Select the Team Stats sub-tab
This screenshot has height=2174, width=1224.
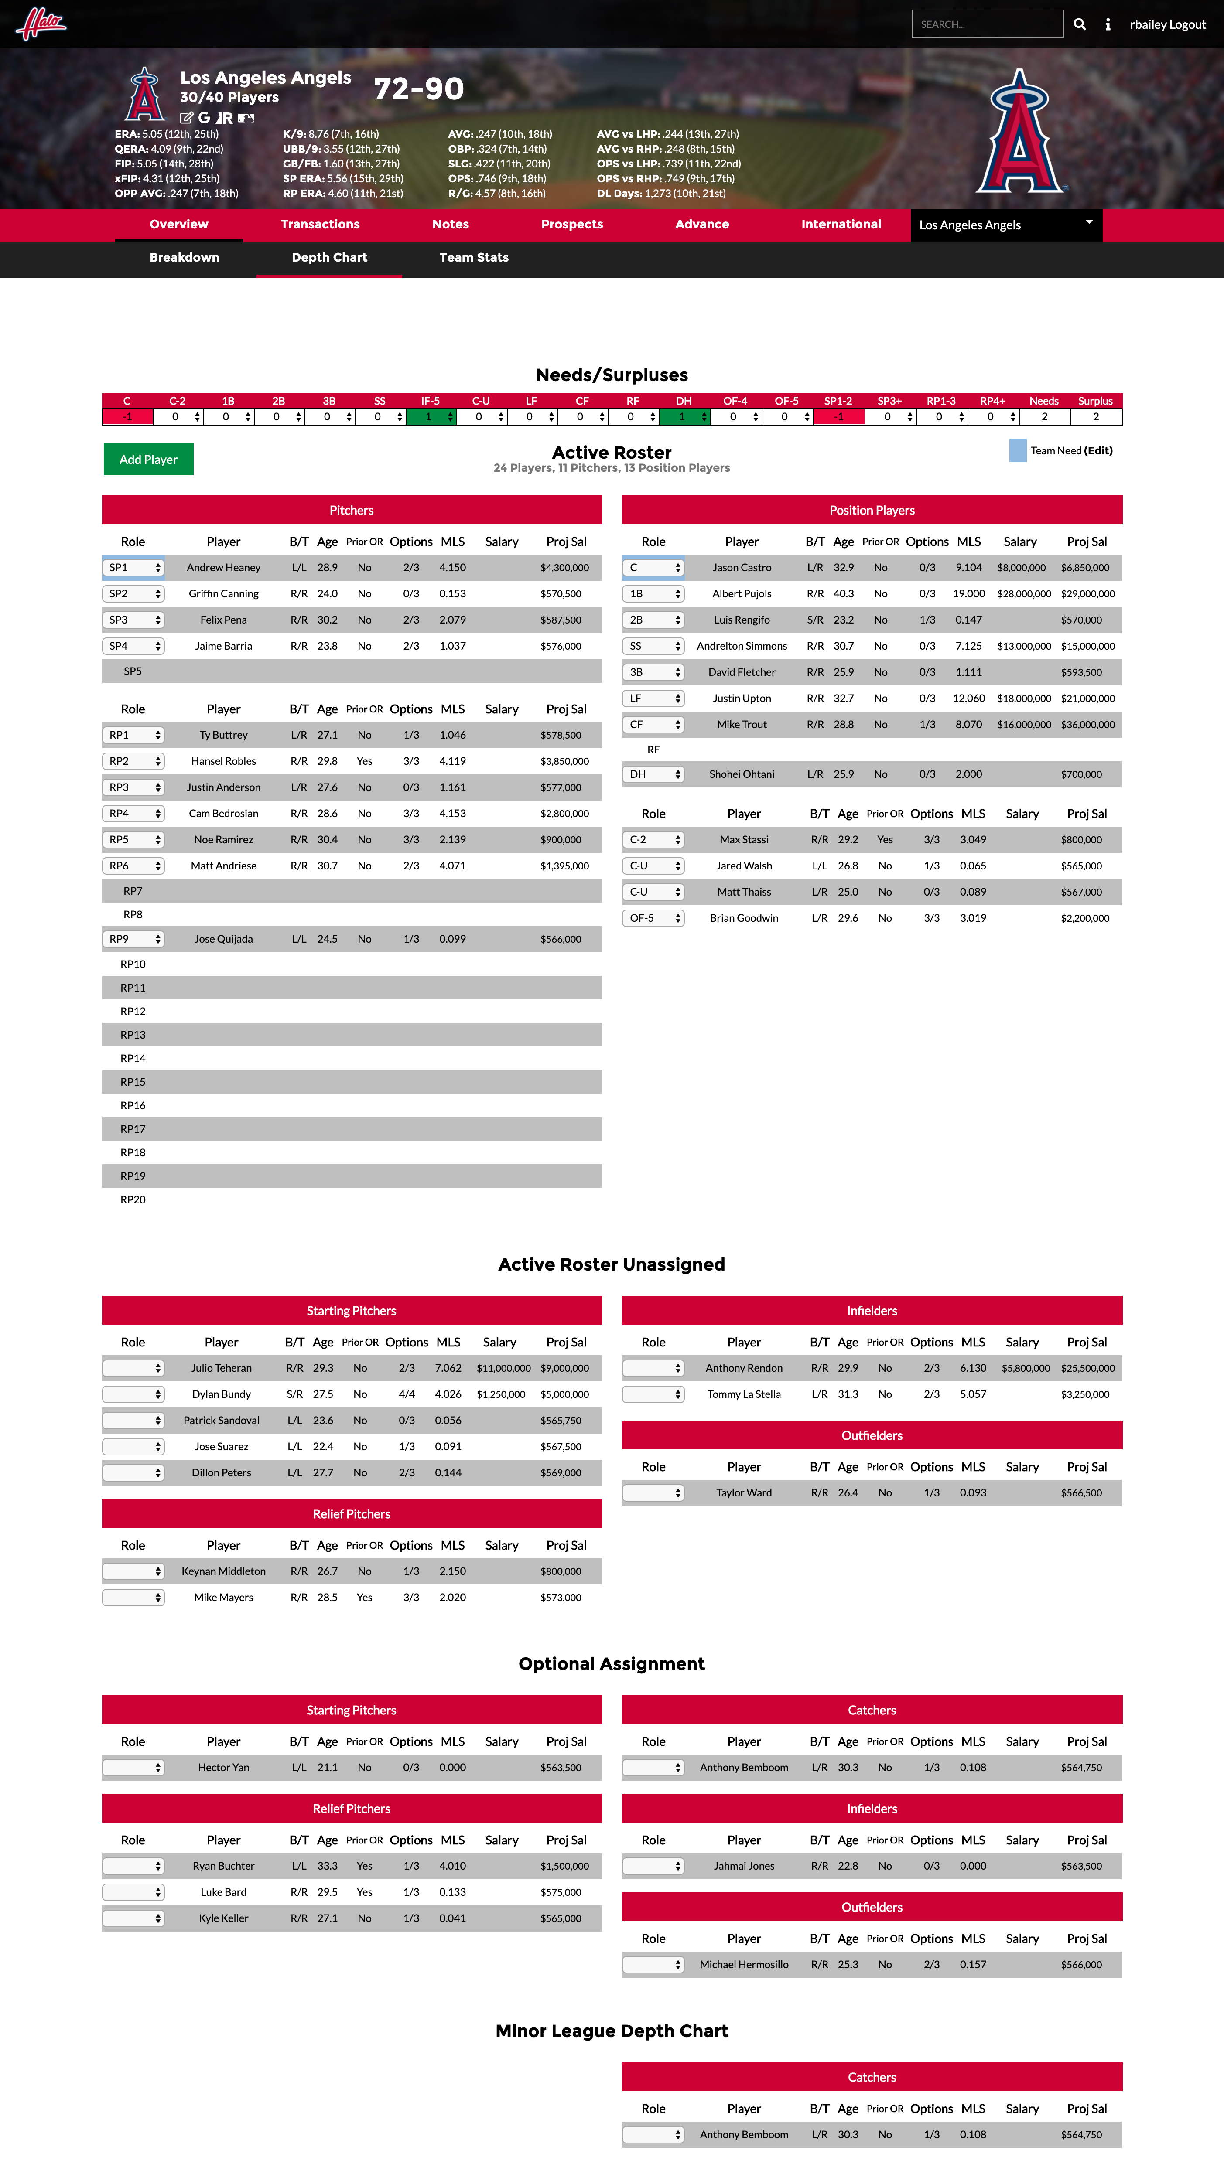(x=474, y=257)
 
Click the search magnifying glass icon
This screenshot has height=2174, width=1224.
(x=1080, y=24)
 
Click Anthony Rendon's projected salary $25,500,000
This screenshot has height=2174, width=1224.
(x=1087, y=1368)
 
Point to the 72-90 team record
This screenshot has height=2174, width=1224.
(x=419, y=89)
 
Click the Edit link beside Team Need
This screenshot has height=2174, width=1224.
(x=1098, y=451)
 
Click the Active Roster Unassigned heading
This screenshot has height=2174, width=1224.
(x=611, y=1264)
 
